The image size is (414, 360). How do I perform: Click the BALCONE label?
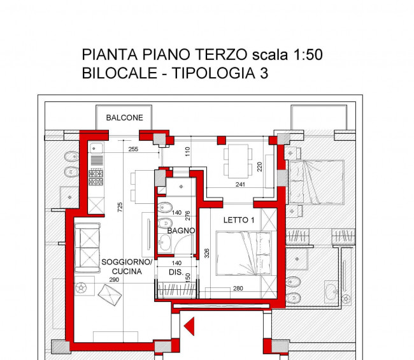click(x=125, y=118)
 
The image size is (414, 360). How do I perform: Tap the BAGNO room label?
click(x=181, y=230)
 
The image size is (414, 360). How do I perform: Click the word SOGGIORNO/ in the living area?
click(x=127, y=263)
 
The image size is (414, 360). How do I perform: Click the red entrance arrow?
click(x=189, y=328)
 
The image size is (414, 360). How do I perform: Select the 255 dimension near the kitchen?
click(x=132, y=150)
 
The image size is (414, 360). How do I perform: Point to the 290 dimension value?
click(x=115, y=280)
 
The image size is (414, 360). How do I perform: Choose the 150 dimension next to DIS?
click(x=188, y=277)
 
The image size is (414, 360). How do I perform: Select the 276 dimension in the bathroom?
click(x=188, y=215)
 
